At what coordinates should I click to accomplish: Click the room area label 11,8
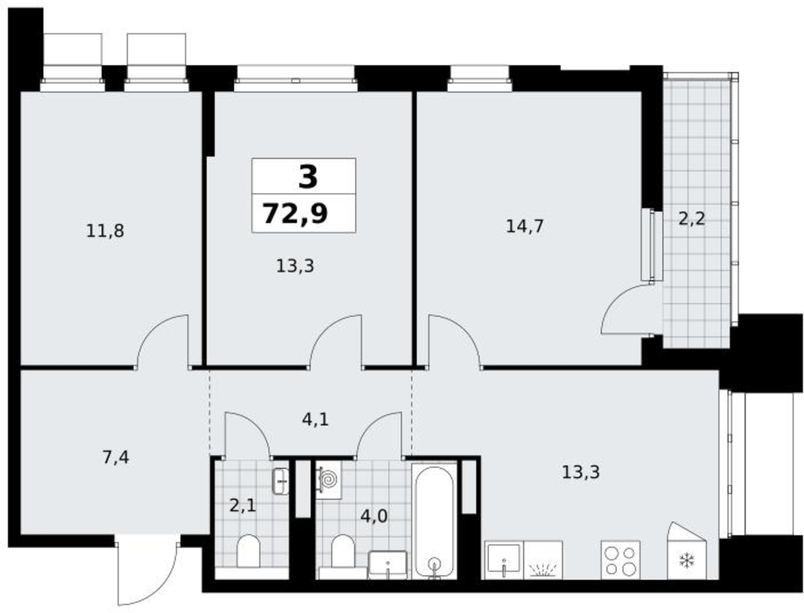105,231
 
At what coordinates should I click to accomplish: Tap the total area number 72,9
295,213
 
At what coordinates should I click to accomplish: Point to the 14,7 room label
525,226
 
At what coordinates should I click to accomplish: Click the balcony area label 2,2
691,219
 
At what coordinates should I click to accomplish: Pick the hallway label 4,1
315,419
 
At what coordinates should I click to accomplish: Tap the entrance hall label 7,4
116,457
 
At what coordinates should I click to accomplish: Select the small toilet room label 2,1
242,506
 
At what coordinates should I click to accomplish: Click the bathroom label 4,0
374,516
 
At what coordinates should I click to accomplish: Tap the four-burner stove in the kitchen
620,560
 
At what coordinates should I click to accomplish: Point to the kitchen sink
504,560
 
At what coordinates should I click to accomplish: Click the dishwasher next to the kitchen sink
543,560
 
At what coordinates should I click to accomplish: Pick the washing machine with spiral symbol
329,479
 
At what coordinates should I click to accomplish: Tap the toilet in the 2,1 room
249,551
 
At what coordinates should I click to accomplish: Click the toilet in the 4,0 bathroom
343,551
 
